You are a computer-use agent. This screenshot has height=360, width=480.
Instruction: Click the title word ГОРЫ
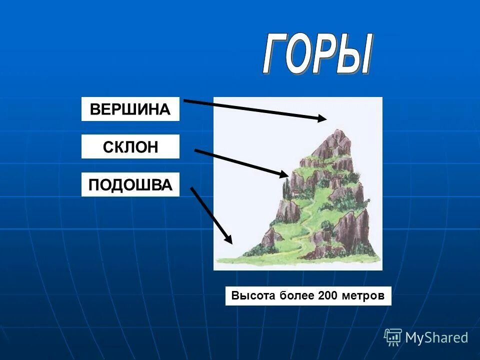(x=317, y=55)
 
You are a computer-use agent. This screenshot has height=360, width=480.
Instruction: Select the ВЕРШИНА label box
(x=130, y=109)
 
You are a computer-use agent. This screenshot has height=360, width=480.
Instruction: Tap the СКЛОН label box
(x=130, y=146)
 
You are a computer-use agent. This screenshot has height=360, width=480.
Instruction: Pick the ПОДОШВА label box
(x=130, y=184)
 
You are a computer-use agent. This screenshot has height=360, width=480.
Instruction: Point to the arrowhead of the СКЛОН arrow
(x=285, y=174)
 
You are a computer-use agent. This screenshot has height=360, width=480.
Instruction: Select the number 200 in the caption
(x=328, y=295)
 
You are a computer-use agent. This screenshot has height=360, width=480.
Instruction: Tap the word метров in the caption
(x=363, y=295)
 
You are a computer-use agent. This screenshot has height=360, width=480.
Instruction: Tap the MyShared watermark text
(x=436, y=337)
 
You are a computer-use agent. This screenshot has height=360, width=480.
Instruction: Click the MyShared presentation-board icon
(x=393, y=337)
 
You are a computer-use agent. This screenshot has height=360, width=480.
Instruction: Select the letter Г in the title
(x=275, y=55)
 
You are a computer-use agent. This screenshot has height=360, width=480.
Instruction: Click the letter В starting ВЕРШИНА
(x=95, y=109)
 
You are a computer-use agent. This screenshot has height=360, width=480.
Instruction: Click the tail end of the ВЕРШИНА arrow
(x=185, y=100)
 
